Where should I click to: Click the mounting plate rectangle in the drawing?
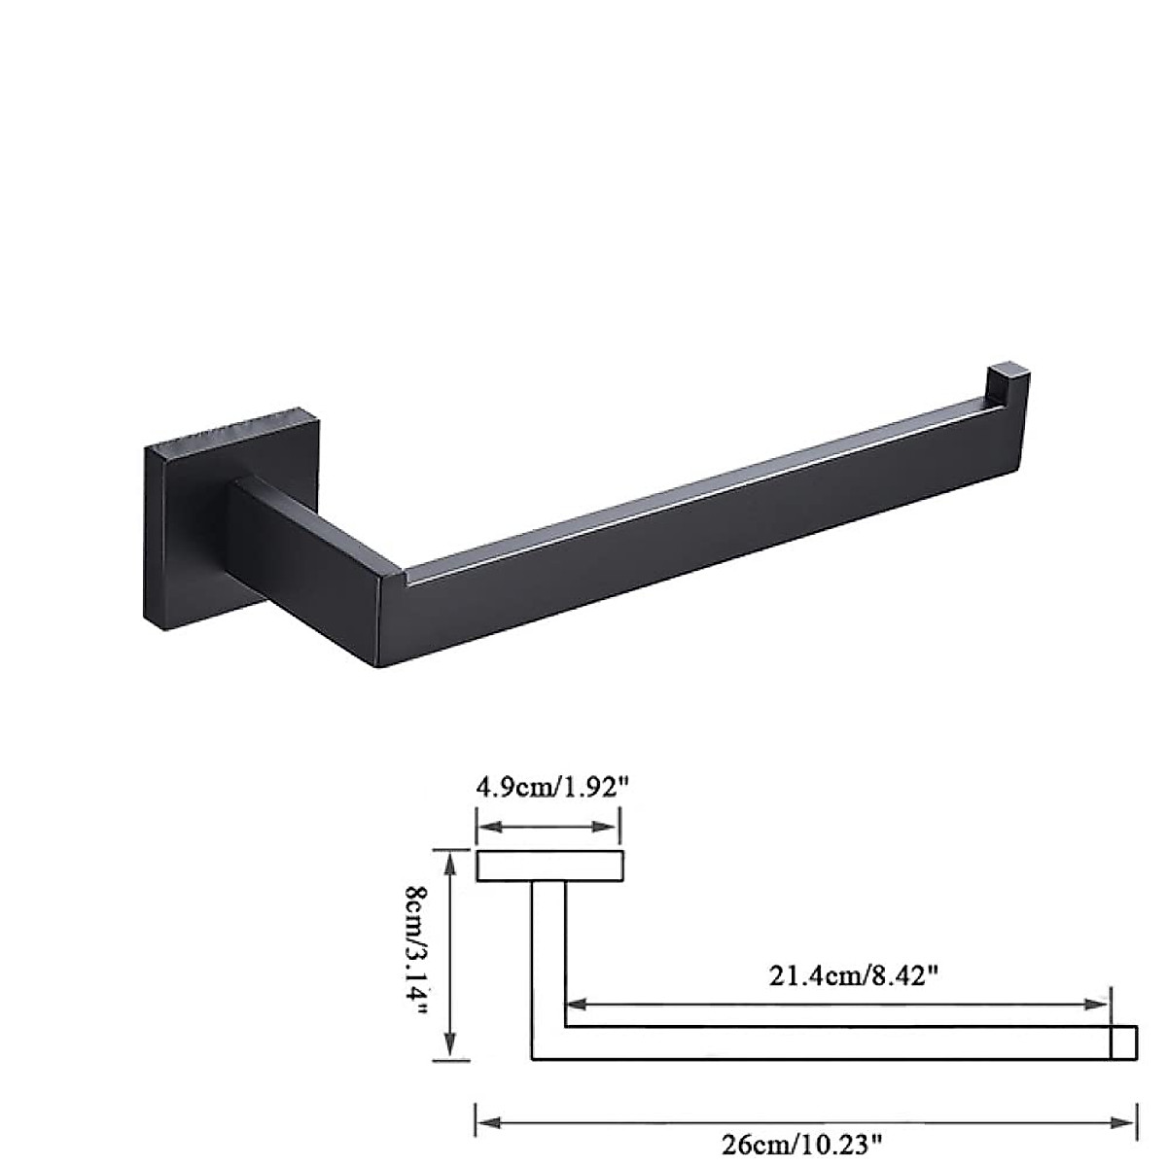[549, 866]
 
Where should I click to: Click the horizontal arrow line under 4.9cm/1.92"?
[548, 828]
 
